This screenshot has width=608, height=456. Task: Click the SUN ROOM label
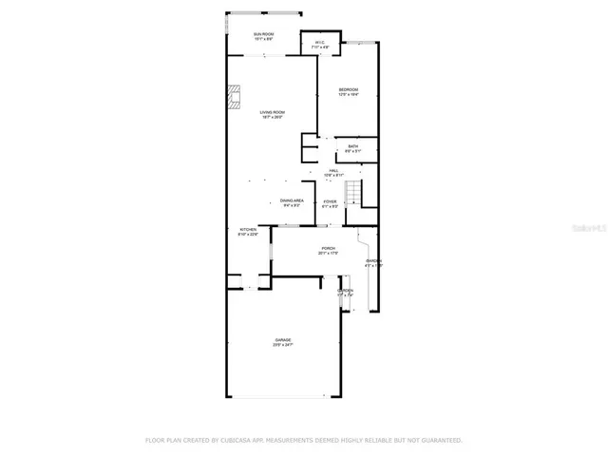pos(263,34)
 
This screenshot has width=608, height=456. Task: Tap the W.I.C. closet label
pos(320,42)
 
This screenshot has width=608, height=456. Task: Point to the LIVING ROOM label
pos(274,112)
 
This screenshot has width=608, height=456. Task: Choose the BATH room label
pos(352,146)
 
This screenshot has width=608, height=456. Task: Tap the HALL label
pos(332,171)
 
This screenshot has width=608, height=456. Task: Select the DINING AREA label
pos(292,200)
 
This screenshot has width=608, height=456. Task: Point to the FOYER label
pos(330,201)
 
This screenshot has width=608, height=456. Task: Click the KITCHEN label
pos(247,230)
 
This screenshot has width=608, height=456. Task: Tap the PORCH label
pos(301,248)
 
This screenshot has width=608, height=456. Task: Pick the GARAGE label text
pos(283,339)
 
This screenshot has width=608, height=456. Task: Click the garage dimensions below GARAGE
pos(283,345)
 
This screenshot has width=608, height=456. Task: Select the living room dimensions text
pos(274,118)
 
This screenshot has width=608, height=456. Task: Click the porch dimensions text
pos(301,254)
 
